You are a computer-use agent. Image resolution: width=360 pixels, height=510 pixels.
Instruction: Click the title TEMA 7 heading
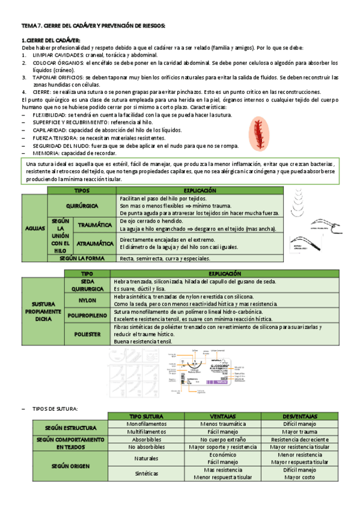tap(93, 26)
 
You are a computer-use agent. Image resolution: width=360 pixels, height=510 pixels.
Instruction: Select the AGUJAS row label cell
tap(35, 228)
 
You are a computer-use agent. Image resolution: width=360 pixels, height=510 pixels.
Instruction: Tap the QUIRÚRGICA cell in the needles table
tap(82, 205)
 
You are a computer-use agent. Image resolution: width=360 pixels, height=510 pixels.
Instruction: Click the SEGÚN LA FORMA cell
tap(82, 258)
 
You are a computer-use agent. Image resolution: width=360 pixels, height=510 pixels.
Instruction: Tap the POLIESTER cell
tap(87, 334)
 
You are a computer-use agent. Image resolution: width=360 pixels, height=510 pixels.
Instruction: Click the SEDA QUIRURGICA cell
tap(87, 284)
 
